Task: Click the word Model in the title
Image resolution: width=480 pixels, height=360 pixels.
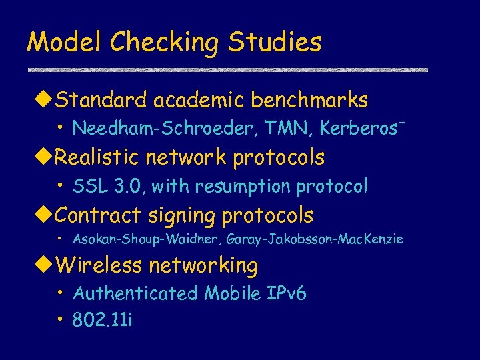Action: [x=64, y=43]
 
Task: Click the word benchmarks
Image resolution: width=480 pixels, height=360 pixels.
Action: [x=309, y=101]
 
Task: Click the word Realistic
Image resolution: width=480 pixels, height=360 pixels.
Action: [x=100, y=158]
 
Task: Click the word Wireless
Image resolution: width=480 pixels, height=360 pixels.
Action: [x=99, y=265]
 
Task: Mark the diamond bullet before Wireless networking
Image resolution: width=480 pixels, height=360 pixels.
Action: [x=45, y=266]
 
